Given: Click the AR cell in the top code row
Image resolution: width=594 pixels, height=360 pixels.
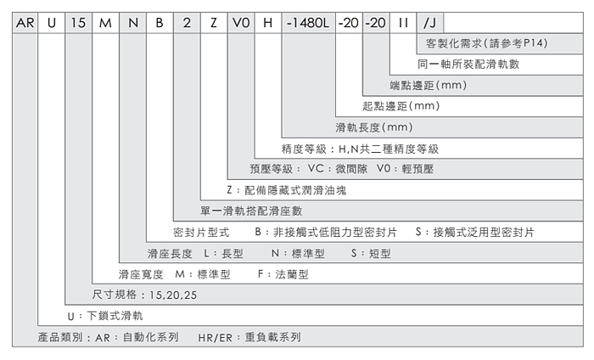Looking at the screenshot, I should tap(25, 23).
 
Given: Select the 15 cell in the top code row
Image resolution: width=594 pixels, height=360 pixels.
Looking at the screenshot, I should tap(78, 23).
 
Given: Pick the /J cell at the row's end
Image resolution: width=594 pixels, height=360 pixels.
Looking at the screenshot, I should tap(430, 23).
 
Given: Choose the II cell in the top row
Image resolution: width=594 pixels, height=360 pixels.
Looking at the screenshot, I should tap(404, 23).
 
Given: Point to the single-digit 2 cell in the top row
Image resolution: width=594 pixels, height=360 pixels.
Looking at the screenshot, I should tap(187, 23).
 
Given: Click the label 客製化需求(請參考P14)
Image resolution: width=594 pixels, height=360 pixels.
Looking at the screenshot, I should tap(480, 43).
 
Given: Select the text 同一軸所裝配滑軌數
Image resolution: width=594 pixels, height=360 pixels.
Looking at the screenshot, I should tap(468, 65).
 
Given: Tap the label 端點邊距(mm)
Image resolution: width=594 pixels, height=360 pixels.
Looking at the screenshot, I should tap(429, 86).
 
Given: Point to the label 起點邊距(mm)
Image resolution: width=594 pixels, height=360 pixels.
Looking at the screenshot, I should tap(401, 107).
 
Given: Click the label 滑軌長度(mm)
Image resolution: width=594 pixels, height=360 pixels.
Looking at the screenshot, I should tap(374, 128).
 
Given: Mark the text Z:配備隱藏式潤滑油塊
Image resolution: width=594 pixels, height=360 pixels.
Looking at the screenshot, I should tap(287, 190).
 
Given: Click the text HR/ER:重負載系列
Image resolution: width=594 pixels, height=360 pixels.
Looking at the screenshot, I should tap(249, 337).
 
